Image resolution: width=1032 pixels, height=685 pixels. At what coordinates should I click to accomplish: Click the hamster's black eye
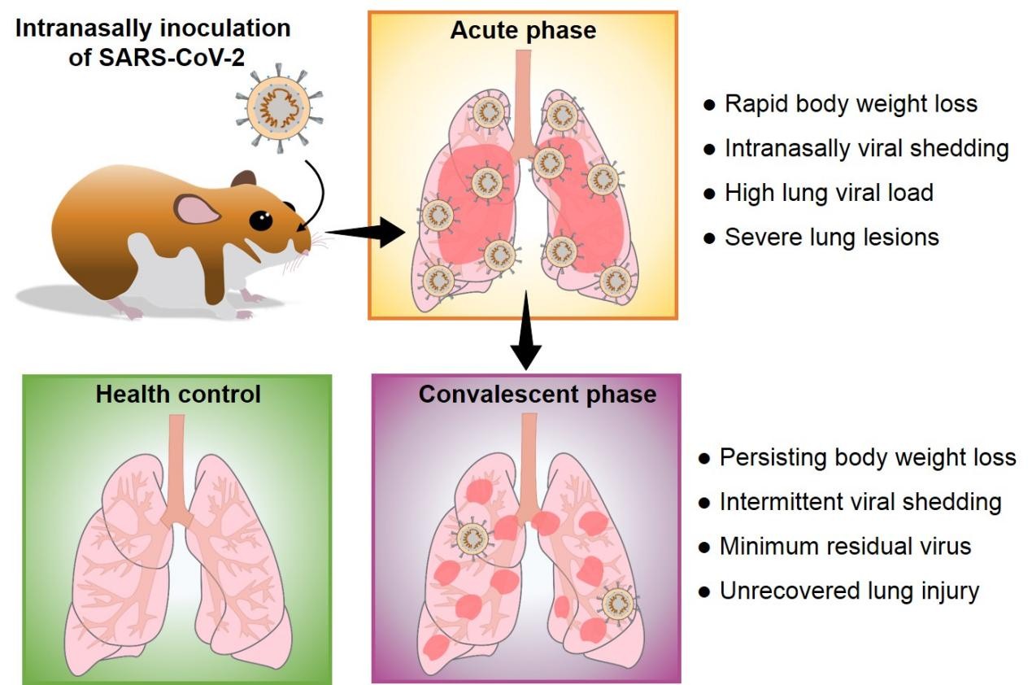point(260,220)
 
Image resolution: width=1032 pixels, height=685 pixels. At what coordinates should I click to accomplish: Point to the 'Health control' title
point(178,395)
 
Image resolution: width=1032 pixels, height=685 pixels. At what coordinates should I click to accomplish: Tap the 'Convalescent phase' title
point(537,395)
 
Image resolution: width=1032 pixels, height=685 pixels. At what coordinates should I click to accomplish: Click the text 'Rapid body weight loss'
point(851,104)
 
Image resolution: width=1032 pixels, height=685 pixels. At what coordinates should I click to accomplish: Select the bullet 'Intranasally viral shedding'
point(866,149)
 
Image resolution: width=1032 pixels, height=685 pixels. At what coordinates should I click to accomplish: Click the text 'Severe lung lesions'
point(832,237)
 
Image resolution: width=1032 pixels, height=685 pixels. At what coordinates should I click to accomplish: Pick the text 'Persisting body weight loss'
point(868,457)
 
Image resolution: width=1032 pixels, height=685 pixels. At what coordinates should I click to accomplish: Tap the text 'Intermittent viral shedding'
point(860,501)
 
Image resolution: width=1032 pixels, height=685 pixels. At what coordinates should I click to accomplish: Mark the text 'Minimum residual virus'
point(845,545)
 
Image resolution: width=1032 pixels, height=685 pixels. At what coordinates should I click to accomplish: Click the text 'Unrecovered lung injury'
point(849,590)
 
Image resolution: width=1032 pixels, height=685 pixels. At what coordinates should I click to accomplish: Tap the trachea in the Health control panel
point(175,464)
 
